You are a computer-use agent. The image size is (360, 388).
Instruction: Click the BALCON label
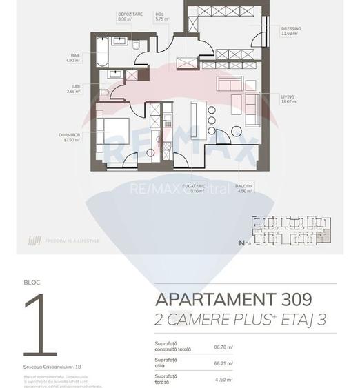pos(243,187)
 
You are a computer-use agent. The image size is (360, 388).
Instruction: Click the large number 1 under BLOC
pos(40,326)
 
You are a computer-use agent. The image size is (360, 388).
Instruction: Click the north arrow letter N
pos(241,243)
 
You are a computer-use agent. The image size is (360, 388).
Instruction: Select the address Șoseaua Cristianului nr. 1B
pos(52,366)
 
